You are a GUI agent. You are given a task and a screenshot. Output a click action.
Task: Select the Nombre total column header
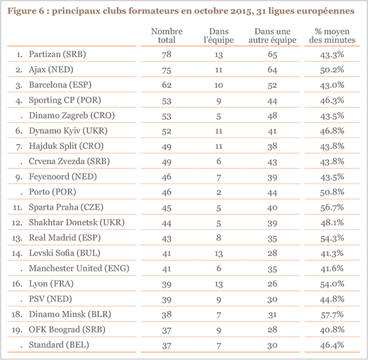pos(167,36)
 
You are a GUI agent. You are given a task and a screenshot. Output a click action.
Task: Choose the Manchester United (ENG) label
pos(78,268)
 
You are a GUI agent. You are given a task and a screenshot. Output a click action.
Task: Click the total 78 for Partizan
pos(167,55)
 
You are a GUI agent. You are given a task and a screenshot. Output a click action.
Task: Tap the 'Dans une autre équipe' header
pos(272,36)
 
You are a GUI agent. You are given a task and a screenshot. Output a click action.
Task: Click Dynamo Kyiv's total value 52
pos(167,131)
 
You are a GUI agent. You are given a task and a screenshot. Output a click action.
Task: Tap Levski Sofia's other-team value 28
pos(272,253)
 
